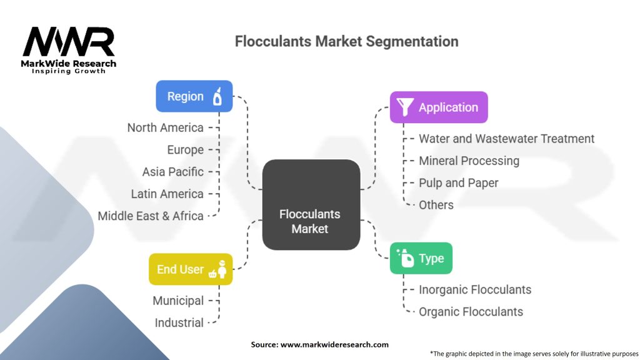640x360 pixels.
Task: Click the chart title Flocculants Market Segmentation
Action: pos(346,41)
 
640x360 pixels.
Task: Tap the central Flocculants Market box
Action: pos(311,205)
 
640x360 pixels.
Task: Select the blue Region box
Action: pos(194,96)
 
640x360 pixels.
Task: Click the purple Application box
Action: pos(438,107)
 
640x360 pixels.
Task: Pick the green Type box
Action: pos(421,258)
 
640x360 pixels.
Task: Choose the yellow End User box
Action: pos(190,269)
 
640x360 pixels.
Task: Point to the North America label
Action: pos(165,127)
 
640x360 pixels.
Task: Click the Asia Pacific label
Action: pos(172,172)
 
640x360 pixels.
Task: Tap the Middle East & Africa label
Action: pos(151,216)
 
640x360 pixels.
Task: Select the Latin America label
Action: pos(167,194)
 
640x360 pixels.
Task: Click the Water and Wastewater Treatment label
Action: pos(506,139)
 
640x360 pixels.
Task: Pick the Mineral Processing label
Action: pos(469,161)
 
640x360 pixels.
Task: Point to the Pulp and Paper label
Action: pos(458,182)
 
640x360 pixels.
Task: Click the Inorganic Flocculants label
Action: pos(475,289)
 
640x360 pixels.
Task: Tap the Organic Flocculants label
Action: pos(471,311)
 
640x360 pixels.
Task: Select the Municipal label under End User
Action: pos(178,301)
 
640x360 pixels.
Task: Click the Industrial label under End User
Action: pos(179,322)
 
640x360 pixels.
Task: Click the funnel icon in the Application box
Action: pos(405,107)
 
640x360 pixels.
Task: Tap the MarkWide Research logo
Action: pos(69,50)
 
